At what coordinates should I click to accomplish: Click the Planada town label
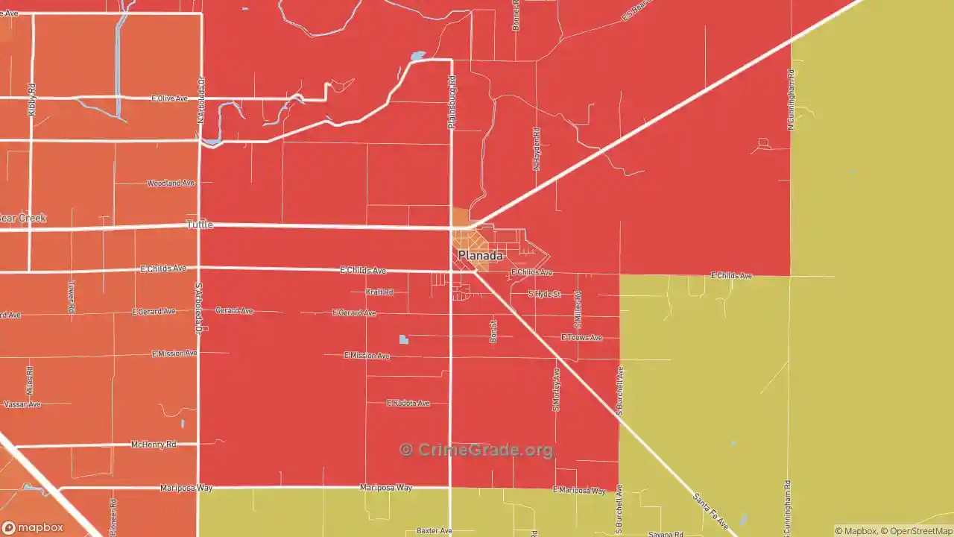click(480, 256)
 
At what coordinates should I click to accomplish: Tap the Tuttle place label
click(200, 224)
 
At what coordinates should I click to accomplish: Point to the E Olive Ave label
click(169, 98)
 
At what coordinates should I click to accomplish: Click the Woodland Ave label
click(171, 183)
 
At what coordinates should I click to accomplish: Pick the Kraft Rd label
click(379, 292)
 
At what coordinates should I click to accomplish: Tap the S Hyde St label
click(544, 294)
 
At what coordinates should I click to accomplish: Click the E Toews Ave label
click(581, 338)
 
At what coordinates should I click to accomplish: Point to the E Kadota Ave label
click(408, 403)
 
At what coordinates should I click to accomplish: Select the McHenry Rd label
click(154, 445)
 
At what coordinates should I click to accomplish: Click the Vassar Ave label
click(22, 404)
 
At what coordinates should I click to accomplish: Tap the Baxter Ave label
click(435, 531)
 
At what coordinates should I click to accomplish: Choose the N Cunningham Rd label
click(791, 100)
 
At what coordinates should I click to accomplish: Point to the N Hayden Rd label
click(536, 148)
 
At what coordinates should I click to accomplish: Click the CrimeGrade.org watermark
click(477, 450)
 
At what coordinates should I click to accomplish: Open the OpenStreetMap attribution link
click(917, 531)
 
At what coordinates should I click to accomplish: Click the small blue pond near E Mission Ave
click(404, 340)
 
